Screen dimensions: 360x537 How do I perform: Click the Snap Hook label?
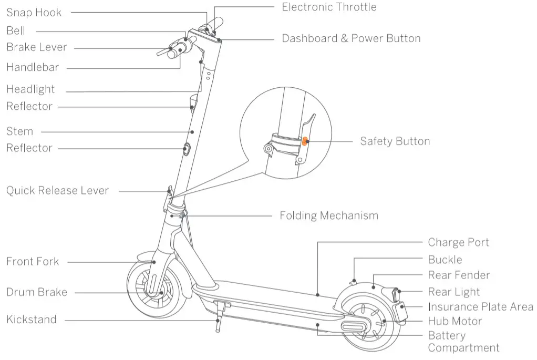coord(34,12)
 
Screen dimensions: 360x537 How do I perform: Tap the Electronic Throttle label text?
coord(329,7)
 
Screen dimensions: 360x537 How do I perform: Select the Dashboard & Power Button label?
coord(351,38)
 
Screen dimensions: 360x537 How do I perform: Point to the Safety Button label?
coord(395,141)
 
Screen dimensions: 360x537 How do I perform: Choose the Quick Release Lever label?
coord(57,190)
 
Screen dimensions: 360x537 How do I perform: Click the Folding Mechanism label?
coord(328,215)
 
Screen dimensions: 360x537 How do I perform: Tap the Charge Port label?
coord(458,242)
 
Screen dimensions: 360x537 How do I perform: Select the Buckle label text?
coord(445,259)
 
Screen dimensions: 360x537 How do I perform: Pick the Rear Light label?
coord(453,292)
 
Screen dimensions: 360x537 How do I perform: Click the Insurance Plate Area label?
coord(480,307)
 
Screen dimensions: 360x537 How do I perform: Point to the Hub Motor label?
coord(455,321)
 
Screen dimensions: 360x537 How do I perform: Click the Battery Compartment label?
coord(463,342)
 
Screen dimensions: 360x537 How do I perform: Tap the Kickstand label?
coord(31,320)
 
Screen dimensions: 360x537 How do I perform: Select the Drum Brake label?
coord(36,292)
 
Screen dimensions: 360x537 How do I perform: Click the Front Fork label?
coord(33,261)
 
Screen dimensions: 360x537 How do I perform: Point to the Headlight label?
coord(30,89)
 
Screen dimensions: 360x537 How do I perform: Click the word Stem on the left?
coord(19,131)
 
